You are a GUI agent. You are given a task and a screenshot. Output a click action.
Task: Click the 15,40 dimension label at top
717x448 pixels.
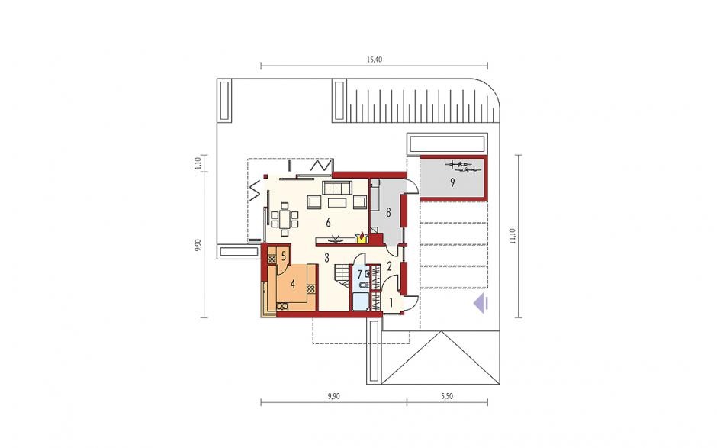(x=374, y=60)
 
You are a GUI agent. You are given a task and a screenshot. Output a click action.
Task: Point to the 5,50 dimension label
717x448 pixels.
(x=447, y=396)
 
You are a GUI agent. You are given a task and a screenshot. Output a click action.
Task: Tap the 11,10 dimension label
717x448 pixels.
(x=512, y=236)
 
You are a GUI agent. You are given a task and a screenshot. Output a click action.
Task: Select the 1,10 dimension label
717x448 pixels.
(x=198, y=163)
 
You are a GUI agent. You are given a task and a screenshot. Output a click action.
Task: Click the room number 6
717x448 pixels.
(x=328, y=223)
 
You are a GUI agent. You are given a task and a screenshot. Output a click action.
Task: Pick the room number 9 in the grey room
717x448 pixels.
(x=452, y=183)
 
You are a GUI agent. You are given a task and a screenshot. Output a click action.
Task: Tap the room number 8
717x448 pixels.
(x=388, y=212)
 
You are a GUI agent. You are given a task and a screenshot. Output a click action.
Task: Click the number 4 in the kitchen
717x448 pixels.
(x=293, y=284)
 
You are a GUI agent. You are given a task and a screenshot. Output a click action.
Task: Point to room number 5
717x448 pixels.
(x=284, y=256)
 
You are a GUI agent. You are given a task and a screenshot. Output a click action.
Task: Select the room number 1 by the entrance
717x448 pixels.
(x=391, y=302)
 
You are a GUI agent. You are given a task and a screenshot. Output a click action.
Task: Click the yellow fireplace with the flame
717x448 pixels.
(x=362, y=238)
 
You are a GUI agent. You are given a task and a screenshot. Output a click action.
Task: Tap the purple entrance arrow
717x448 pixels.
(x=481, y=304)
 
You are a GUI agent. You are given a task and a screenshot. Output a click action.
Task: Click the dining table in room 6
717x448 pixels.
(x=285, y=219)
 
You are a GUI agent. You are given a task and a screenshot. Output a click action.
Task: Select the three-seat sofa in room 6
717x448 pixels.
(x=336, y=188)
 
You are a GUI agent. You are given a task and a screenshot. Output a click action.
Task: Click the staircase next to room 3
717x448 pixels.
(x=341, y=276)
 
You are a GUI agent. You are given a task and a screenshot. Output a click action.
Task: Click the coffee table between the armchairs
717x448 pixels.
(x=336, y=202)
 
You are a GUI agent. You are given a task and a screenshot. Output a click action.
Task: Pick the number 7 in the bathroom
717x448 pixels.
(x=360, y=275)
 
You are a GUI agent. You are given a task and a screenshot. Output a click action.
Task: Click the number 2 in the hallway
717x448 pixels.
(x=389, y=266)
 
